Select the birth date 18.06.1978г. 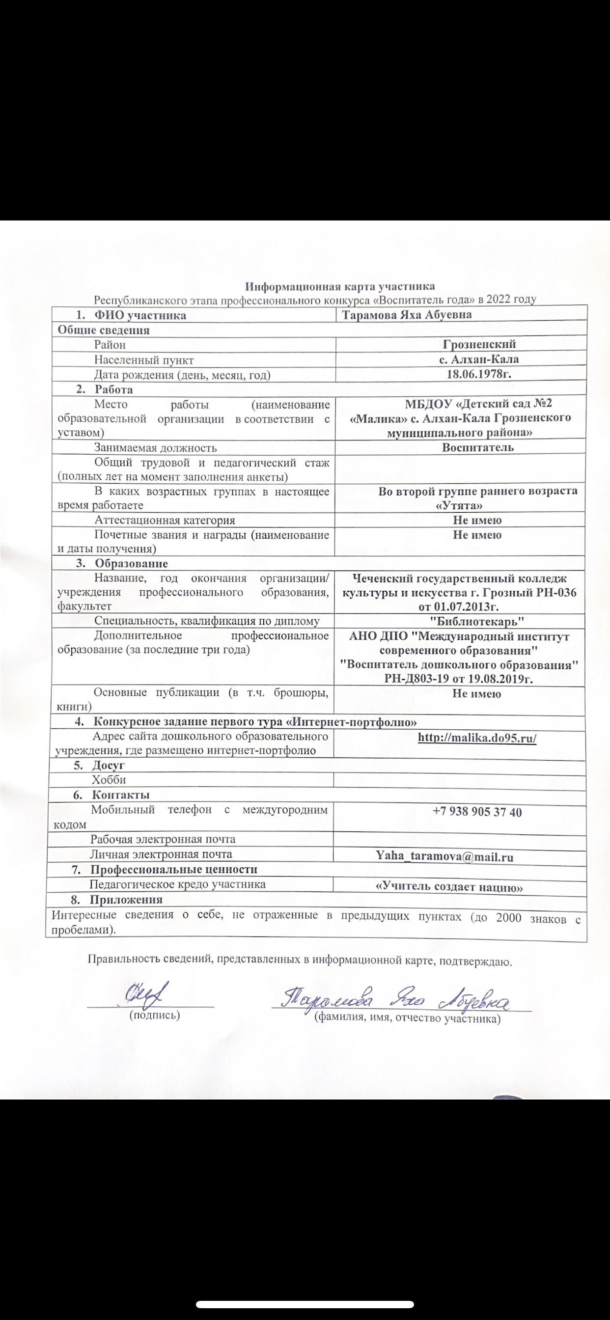pyautogui.click(x=479, y=374)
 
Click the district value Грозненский pyautogui.click(x=479, y=344)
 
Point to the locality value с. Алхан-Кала pyautogui.click(x=479, y=359)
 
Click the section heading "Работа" pyautogui.click(x=114, y=389)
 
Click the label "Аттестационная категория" pyautogui.click(x=165, y=520)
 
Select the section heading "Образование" pyautogui.click(x=131, y=564)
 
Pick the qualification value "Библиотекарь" pyautogui.click(x=477, y=622)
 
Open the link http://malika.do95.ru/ pyautogui.click(x=477, y=738)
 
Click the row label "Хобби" pyautogui.click(x=109, y=780)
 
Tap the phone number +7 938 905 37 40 pyautogui.click(x=477, y=812)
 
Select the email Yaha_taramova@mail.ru pyautogui.click(x=444, y=857)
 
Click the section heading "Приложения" pyautogui.click(x=127, y=900)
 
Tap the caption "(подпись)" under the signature pyautogui.click(x=154, y=1015)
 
